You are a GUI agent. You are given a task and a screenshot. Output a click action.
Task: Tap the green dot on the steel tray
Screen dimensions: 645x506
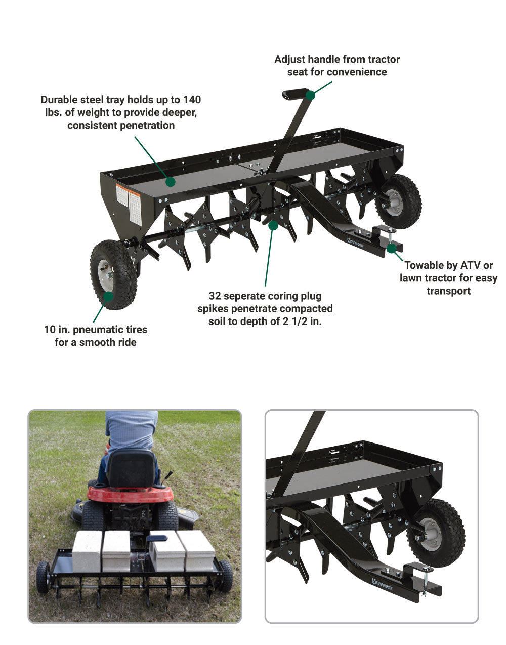tap(171, 181)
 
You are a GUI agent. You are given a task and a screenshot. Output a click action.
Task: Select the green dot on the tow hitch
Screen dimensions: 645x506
tap(391, 248)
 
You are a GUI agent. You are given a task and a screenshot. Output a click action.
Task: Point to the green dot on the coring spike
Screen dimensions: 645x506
tap(273, 225)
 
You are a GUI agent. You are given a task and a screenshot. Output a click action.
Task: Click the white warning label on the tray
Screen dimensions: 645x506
tap(129, 203)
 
